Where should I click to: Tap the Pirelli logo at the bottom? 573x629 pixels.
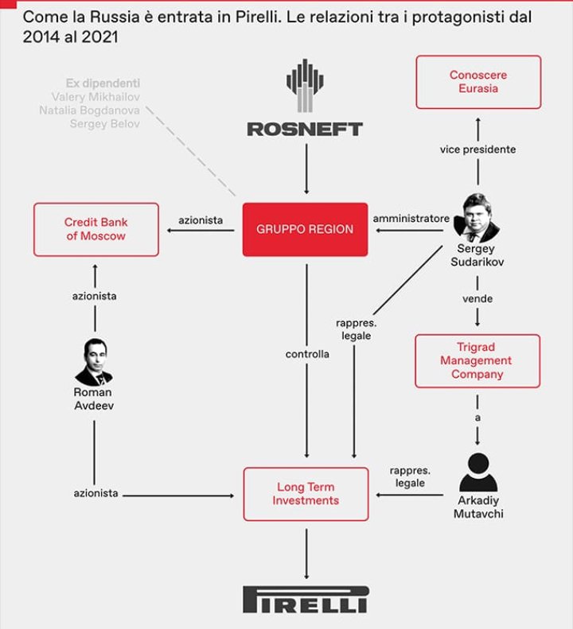point(305,599)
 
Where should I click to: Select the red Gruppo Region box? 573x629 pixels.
point(305,229)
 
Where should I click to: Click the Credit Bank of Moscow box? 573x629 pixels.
point(95,229)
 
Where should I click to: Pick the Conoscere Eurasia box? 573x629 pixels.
point(477,82)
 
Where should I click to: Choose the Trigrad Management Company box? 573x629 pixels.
point(477,360)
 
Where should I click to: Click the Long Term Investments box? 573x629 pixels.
point(306,494)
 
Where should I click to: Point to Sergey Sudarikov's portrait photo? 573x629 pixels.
point(477,217)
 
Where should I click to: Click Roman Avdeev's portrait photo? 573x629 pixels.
point(94,363)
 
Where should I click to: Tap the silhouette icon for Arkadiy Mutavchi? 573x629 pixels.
point(477,472)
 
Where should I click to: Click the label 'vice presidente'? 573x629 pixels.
point(477,149)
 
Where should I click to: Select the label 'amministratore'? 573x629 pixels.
point(411,218)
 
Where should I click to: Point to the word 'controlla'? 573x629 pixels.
point(307,354)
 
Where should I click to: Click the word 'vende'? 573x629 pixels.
point(477,299)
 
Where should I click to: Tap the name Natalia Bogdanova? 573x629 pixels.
point(90,110)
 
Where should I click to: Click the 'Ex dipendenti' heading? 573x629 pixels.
point(103,83)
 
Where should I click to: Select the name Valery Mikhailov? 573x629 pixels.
point(95,96)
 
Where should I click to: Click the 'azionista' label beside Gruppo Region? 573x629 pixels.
point(201,220)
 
